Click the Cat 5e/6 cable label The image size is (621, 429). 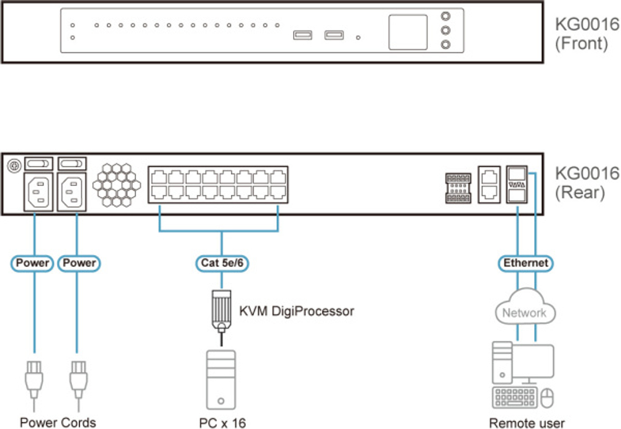[222, 263]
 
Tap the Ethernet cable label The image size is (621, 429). [525, 263]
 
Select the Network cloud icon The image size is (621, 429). [525, 311]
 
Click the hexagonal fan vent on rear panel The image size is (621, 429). [116, 185]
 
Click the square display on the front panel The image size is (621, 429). [408, 32]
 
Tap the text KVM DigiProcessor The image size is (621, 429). [296, 310]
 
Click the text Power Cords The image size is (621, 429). [58, 423]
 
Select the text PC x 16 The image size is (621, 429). [222, 423]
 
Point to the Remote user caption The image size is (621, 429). [527, 423]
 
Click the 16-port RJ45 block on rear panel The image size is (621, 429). [217, 185]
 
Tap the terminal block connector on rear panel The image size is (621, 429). [459, 187]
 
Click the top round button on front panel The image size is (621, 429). [445, 17]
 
